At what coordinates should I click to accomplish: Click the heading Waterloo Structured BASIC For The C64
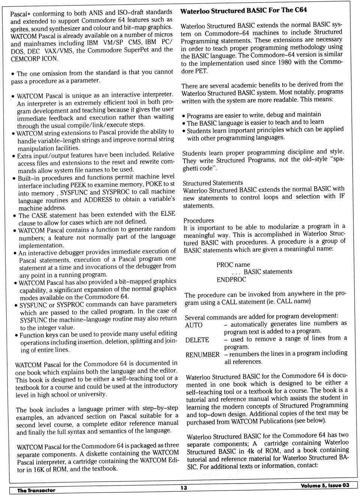pos(243,10)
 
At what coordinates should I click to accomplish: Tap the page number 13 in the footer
pos(183,488)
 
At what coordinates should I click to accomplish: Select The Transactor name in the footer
pos(36,490)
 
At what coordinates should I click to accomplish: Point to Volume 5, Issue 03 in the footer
pos(324,485)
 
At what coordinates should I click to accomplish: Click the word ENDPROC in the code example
pos(231,280)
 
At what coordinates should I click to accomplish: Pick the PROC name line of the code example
pos(233,265)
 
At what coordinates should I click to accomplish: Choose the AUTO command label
pos(194,325)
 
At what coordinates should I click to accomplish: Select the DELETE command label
pos(197,340)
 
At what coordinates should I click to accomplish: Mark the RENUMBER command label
pos(202,355)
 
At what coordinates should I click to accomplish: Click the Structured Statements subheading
pos(213,183)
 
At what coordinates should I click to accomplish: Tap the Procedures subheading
pos(199,220)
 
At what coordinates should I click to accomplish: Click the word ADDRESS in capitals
pos(98,200)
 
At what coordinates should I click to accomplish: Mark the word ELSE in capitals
pos(168,214)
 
